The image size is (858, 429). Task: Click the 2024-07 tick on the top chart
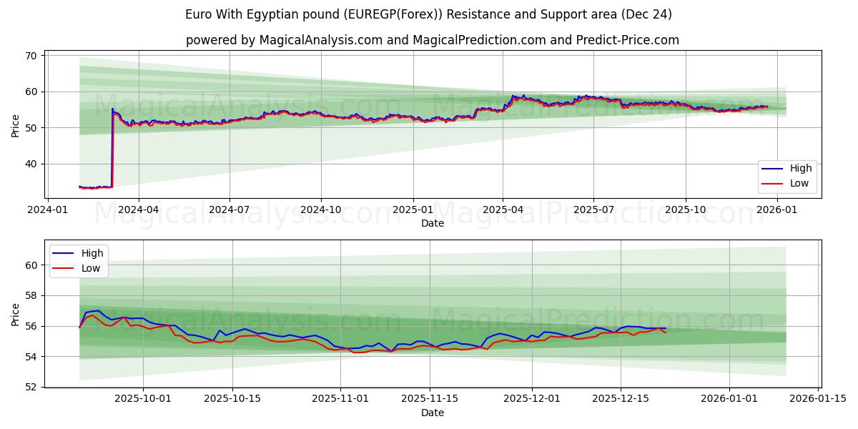tap(229, 210)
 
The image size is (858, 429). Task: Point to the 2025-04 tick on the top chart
tap(503, 210)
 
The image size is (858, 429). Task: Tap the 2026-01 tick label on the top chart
tap(776, 210)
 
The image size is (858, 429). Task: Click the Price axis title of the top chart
tap(16, 124)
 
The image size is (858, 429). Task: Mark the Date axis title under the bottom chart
tap(433, 413)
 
